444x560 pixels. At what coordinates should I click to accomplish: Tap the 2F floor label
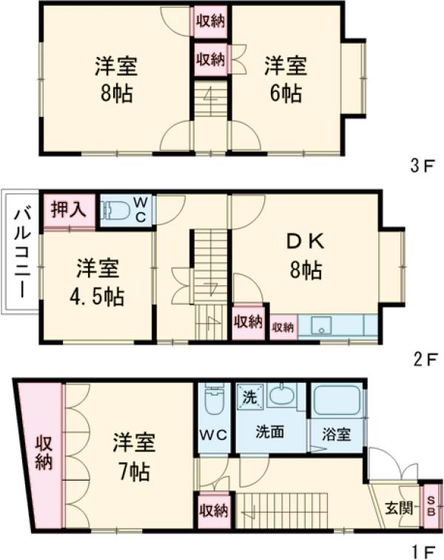pyautogui.click(x=422, y=360)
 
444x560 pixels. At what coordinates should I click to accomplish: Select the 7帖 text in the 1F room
pyautogui.click(x=132, y=471)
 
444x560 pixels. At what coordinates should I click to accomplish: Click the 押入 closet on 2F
pyautogui.click(x=69, y=208)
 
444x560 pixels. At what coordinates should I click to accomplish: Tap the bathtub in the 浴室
pyautogui.click(x=337, y=401)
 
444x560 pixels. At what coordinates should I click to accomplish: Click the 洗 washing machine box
pyautogui.click(x=250, y=396)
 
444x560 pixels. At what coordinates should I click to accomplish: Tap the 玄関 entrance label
pyautogui.click(x=394, y=508)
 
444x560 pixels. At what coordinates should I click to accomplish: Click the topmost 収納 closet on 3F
pyautogui.click(x=210, y=21)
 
